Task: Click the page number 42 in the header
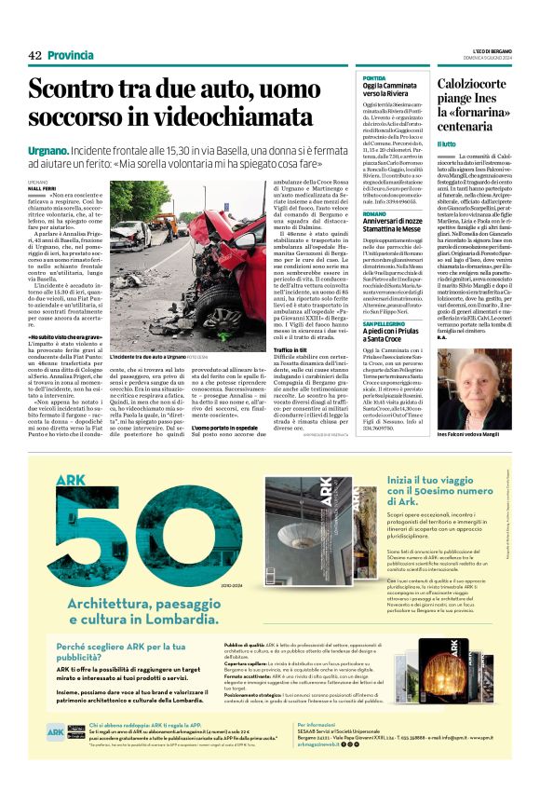click(x=35, y=55)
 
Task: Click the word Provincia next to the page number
click(x=71, y=55)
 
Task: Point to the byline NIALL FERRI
click(x=42, y=187)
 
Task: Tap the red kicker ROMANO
click(x=373, y=212)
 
